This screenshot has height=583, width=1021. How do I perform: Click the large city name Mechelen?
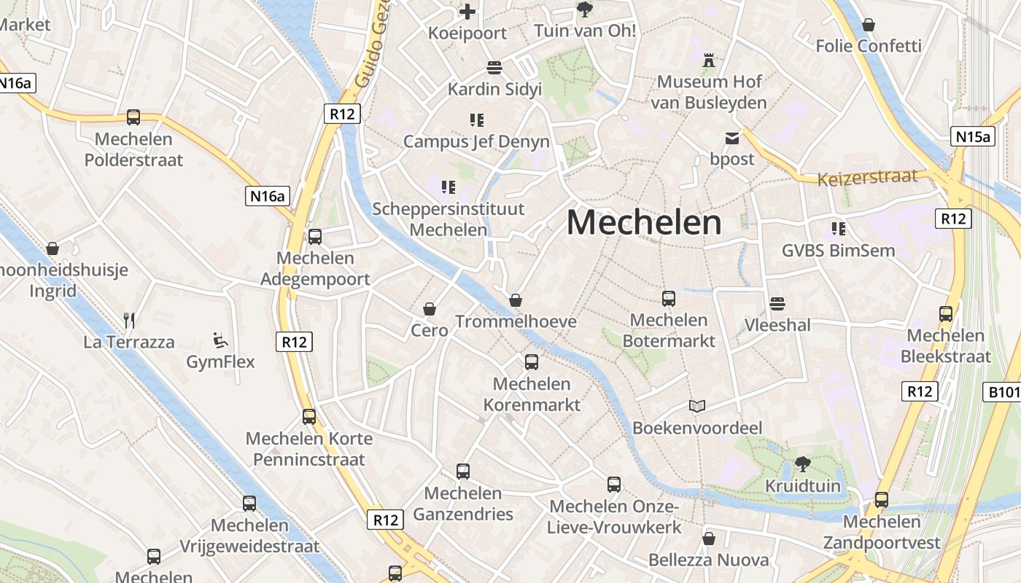[644, 222]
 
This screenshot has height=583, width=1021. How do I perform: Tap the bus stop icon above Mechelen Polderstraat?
[133, 117]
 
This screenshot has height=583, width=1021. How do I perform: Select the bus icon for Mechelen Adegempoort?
[315, 236]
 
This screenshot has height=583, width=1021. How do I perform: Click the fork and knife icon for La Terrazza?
[129, 320]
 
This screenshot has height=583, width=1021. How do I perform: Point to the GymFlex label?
[220, 361]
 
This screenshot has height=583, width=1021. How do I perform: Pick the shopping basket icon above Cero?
[430, 309]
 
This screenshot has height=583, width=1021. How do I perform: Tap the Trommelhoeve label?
[516, 321]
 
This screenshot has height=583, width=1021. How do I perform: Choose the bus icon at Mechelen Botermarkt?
[669, 298]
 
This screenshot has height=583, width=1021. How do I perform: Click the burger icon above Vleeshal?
[777, 303]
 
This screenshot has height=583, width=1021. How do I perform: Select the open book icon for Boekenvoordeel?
[698, 406]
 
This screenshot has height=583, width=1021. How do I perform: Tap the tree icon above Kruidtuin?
[803, 463]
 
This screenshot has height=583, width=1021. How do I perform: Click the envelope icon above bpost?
[731, 138]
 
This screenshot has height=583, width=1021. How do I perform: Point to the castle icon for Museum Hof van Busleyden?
[708, 60]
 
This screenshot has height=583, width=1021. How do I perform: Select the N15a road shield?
[974, 136]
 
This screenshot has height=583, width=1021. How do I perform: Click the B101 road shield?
[1003, 393]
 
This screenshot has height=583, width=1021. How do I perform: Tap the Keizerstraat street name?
[867, 177]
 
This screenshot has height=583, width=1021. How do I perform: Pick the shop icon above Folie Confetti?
[869, 25]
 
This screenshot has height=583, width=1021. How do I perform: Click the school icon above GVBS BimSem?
[839, 229]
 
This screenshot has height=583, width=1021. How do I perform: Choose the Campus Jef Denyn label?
[476, 141]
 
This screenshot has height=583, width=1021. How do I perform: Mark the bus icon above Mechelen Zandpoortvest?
[882, 500]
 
